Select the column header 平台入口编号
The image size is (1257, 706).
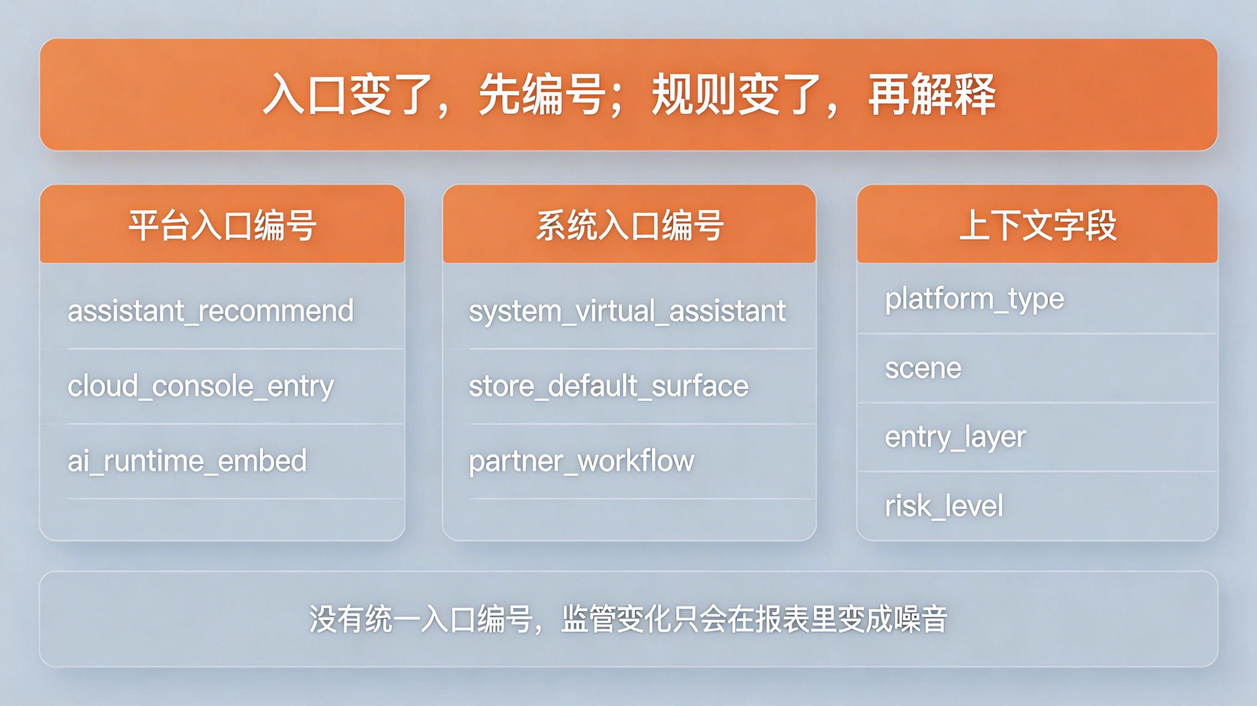222,226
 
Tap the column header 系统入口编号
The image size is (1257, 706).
629,226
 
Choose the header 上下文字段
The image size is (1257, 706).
1037,226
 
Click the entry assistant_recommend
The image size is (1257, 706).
210,310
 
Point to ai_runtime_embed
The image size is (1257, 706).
187,461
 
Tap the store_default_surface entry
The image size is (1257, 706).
609,386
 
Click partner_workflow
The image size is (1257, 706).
581,461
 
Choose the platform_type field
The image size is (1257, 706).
974,300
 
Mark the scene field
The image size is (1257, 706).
923,368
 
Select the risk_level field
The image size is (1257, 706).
944,505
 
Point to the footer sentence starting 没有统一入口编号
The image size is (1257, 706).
628,619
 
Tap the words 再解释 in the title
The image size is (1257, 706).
932,95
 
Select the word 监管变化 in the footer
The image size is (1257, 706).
617,619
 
